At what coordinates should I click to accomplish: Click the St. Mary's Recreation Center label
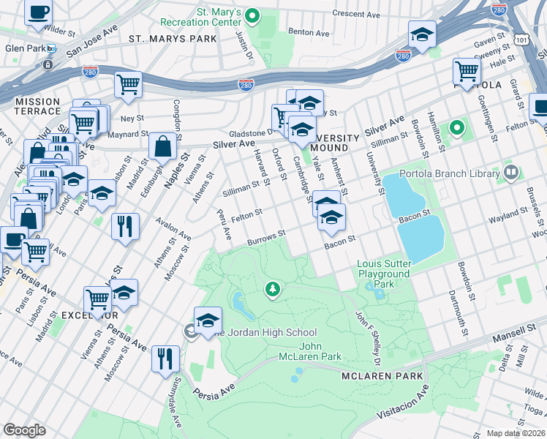pyautogui.click(x=218, y=18)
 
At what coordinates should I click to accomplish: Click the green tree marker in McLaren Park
pyautogui.click(x=273, y=290)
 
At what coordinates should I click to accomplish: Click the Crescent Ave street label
pyautogui.click(x=356, y=14)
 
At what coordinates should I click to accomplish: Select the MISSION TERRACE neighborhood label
pyautogui.click(x=37, y=106)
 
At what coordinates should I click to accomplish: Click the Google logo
pyautogui.click(x=24, y=429)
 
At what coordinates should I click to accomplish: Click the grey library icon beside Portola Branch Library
pyautogui.click(x=510, y=173)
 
